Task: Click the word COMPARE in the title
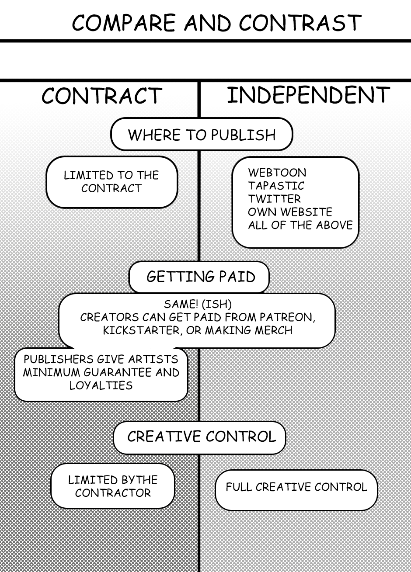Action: [123, 23]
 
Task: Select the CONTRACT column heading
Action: [101, 96]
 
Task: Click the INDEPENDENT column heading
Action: [308, 95]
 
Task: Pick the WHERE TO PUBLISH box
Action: [202, 135]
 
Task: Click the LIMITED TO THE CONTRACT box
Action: [111, 182]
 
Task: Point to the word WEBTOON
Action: [277, 172]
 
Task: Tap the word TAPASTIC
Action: [276, 185]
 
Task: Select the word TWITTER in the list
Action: [275, 198]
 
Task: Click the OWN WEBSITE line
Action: [290, 212]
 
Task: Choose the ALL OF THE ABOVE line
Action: [300, 225]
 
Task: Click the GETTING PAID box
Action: [200, 277]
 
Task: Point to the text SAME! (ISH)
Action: [198, 304]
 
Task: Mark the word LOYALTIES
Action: [101, 385]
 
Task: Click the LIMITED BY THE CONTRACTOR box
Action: [113, 486]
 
